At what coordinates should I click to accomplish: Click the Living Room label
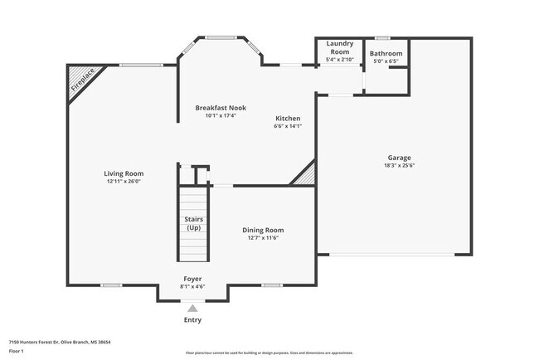(x=124, y=174)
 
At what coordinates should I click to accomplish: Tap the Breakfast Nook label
(x=221, y=108)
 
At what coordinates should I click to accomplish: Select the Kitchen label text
(x=287, y=119)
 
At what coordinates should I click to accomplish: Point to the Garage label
(x=399, y=158)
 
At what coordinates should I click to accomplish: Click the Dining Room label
(x=263, y=230)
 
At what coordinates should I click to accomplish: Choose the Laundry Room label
(x=340, y=46)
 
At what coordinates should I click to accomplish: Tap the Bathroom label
(x=386, y=53)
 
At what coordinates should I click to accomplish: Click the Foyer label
(x=192, y=279)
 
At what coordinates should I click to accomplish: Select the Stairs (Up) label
(x=193, y=223)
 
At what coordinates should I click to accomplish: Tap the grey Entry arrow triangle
(x=192, y=308)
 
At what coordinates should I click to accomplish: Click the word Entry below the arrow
(x=192, y=320)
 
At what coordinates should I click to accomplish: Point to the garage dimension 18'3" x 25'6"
(x=399, y=166)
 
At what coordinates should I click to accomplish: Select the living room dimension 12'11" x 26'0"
(x=124, y=182)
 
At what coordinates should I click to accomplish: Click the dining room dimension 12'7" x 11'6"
(x=263, y=238)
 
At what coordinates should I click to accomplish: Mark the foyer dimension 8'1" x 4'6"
(x=192, y=286)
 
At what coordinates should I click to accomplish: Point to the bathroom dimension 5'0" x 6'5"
(x=386, y=61)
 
